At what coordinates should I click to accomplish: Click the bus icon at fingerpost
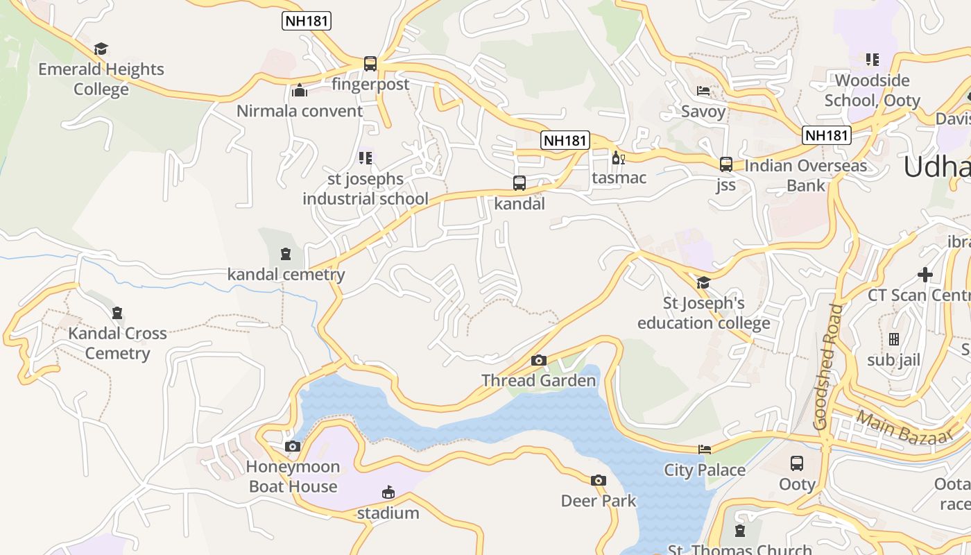coord(370,64)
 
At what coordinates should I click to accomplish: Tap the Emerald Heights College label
coord(101,79)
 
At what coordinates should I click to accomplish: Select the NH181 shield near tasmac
coord(565,140)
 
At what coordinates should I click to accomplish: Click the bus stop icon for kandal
coord(519,183)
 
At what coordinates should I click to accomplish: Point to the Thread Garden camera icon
coord(538,360)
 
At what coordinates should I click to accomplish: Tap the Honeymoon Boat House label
coord(293,477)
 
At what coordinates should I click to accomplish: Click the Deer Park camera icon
coord(598,480)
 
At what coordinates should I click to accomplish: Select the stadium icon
coord(388,493)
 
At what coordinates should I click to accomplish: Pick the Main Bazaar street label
coord(904,427)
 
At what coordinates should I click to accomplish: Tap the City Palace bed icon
coord(705,450)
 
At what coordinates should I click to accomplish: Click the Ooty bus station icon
coord(797,463)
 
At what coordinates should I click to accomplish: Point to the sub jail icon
coord(893,339)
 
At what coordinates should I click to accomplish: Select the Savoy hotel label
coord(703,112)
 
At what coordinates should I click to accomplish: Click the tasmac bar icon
coord(618,157)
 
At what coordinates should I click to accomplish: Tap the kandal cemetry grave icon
coord(286,253)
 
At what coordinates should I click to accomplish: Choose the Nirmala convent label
coord(300,111)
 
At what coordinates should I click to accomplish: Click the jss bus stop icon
coord(725,164)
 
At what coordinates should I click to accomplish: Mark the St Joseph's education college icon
coord(703,282)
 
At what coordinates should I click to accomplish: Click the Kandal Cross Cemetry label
coord(117,343)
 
